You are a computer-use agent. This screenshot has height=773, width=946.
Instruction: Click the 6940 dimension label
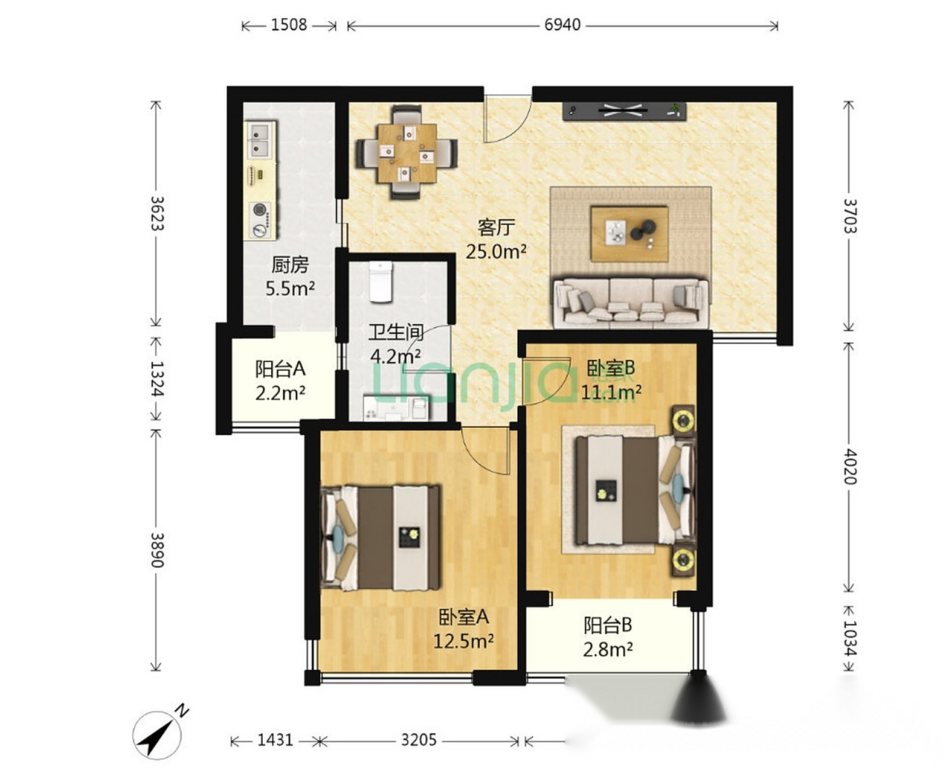tap(562, 25)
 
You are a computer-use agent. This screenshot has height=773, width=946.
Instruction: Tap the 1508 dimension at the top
tap(289, 25)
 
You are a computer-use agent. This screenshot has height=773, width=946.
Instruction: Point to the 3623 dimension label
tap(156, 213)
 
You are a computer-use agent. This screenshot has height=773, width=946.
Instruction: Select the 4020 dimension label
tap(849, 467)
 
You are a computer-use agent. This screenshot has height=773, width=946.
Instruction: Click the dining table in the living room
tap(407, 153)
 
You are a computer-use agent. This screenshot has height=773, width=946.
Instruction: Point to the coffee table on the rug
tap(629, 234)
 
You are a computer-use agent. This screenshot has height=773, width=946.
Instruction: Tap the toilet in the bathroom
tap(381, 283)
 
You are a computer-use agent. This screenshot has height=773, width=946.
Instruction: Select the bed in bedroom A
tap(381, 537)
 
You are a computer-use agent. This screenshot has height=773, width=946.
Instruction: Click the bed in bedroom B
tap(635, 490)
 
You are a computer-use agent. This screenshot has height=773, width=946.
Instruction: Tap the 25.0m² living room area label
tap(495, 252)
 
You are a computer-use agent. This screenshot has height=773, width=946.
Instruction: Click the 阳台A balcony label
tap(280, 369)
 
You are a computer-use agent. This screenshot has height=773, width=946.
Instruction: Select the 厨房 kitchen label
tap(290, 265)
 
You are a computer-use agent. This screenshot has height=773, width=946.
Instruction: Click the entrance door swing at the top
tap(508, 119)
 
